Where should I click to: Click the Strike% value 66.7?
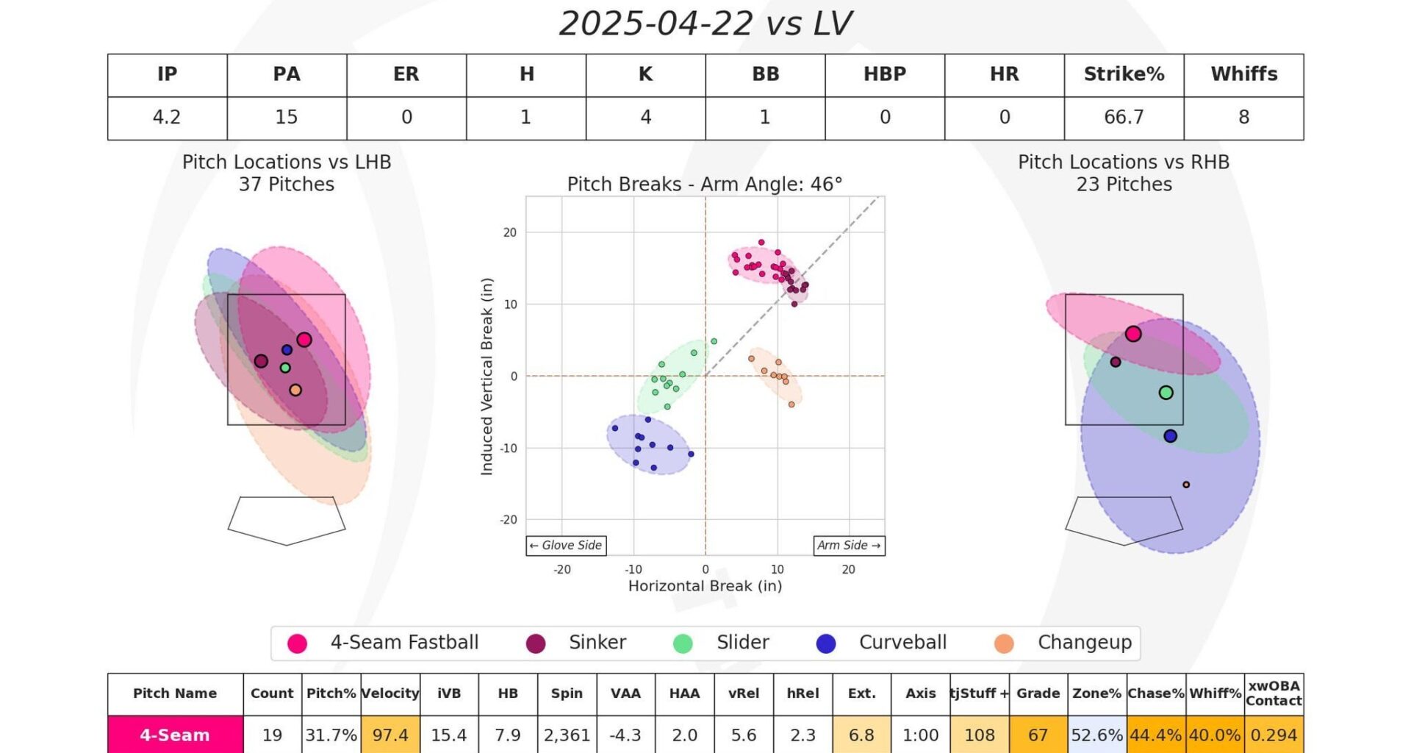[x=1124, y=118]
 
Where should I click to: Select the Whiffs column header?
[x=1243, y=74]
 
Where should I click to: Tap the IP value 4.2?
[x=167, y=118]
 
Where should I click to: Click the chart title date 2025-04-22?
[x=656, y=24]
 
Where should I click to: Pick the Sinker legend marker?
[x=536, y=643]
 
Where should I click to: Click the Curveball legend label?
[x=902, y=643]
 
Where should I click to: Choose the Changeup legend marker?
[x=1004, y=643]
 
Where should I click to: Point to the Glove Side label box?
[x=566, y=546]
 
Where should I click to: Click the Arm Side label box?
[x=849, y=546]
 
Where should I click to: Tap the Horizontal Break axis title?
[x=705, y=586]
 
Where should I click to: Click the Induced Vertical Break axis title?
[x=487, y=376]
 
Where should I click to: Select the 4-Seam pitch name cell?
[x=175, y=735]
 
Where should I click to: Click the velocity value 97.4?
[x=390, y=735]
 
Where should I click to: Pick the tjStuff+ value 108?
[x=979, y=735]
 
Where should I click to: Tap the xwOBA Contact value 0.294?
[x=1274, y=735]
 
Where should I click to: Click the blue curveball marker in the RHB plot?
[x=1170, y=436]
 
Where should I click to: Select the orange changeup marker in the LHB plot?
[x=295, y=390]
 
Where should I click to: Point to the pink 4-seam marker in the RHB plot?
[x=1133, y=334]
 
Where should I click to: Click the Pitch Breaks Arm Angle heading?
[x=705, y=185]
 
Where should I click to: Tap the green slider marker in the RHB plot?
[x=1166, y=393]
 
